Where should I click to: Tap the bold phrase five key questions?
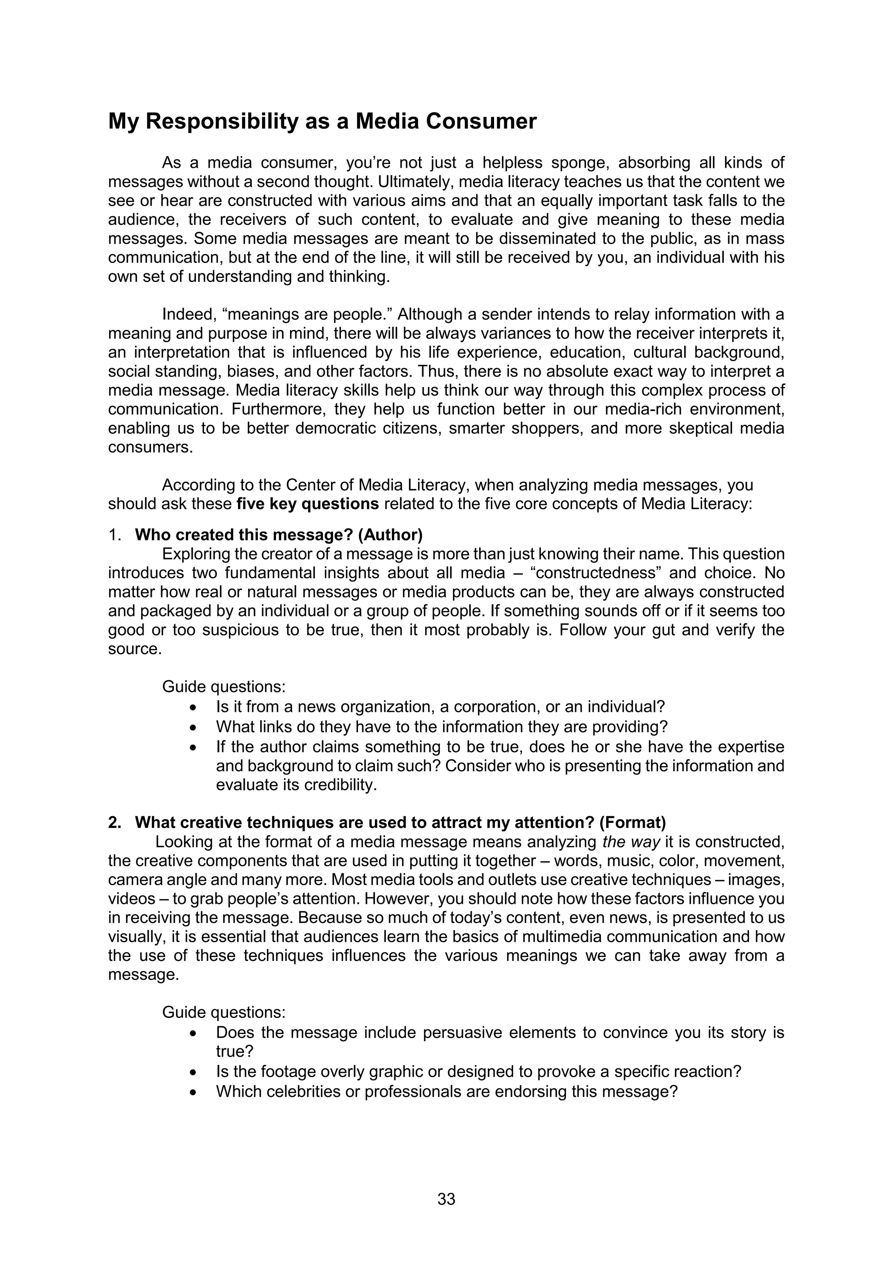tap(307, 504)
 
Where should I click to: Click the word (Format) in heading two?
tap(632, 822)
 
